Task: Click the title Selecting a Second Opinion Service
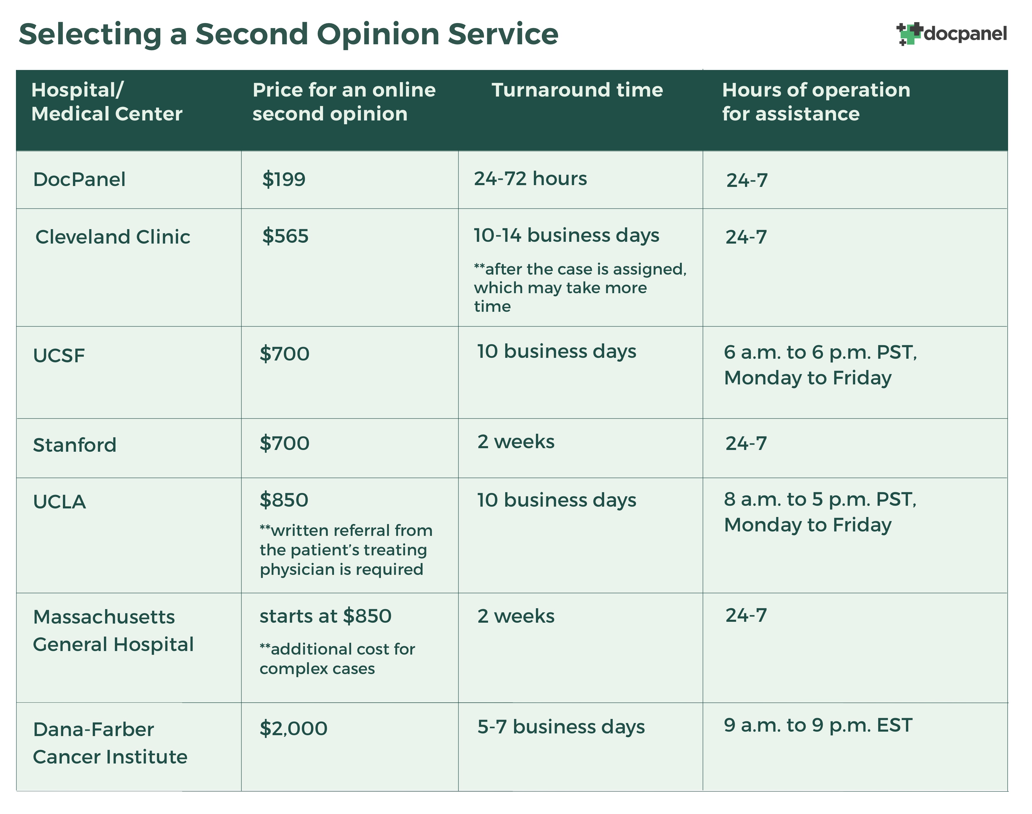point(288,34)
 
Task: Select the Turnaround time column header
point(577,90)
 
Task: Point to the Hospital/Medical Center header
point(107,102)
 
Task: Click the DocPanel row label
point(79,180)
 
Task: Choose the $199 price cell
point(284,180)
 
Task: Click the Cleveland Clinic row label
point(113,237)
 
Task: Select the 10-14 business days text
point(566,235)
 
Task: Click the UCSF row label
point(59,355)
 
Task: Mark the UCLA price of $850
point(284,500)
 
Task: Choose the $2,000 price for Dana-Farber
point(293,728)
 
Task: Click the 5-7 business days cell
point(560,727)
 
